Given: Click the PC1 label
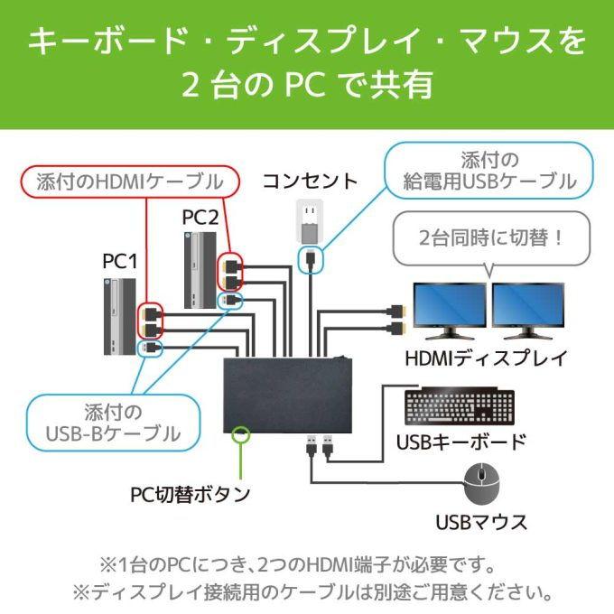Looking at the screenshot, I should coord(119,262).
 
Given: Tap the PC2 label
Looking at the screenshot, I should coord(200,218).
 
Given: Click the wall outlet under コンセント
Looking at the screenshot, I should coord(309,221).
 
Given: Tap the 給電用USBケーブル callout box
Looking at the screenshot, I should coord(489,171).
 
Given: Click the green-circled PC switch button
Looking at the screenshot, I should coord(241,435).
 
